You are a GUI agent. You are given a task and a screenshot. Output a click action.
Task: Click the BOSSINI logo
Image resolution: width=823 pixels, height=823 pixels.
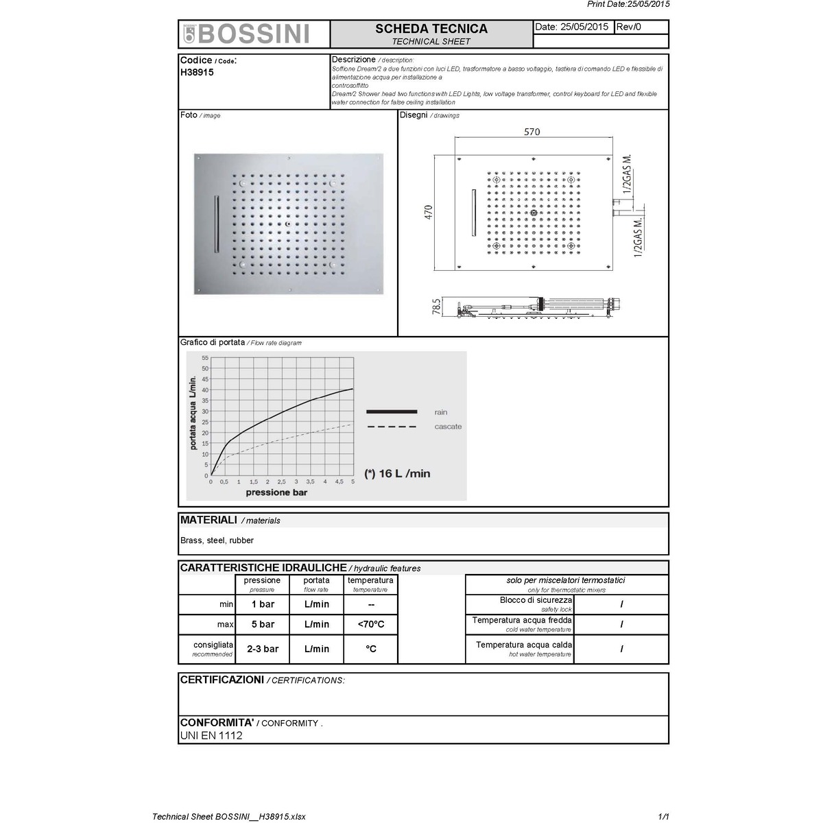tap(247, 34)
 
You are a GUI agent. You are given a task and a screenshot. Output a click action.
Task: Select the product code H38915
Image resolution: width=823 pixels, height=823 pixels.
tap(197, 72)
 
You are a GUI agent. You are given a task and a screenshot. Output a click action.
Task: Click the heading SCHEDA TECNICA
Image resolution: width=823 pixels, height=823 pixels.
tap(431, 29)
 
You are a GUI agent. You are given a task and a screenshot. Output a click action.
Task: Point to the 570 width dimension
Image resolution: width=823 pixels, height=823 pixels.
tap(532, 132)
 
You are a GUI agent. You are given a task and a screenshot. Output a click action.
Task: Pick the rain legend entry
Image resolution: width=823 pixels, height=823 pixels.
tap(441, 412)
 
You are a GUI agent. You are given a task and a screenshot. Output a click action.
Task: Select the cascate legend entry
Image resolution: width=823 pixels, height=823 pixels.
tap(448, 427)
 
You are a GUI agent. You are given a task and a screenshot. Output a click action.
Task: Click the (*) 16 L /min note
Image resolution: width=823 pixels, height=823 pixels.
tap(397, 473)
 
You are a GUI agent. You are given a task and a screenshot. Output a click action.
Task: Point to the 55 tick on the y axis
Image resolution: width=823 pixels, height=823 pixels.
tap(204, 358)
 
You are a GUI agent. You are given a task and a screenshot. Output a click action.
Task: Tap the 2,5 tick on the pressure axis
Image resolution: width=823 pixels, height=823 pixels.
tap(281, 482)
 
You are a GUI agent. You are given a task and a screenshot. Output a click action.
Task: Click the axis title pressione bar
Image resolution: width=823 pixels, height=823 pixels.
tap(276, 492)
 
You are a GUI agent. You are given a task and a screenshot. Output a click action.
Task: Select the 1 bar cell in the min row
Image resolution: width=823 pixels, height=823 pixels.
tap(262, 604)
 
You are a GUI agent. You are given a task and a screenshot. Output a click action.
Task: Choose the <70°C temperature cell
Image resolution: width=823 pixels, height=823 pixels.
tap(370, 624)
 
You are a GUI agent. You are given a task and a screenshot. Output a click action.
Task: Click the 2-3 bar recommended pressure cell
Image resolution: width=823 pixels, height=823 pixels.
tap(262, 649)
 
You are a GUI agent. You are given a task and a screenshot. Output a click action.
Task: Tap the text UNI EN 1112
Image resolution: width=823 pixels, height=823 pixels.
tap(211, 736)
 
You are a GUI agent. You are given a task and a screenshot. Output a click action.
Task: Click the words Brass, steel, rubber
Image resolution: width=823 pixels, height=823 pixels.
tap(217, 540)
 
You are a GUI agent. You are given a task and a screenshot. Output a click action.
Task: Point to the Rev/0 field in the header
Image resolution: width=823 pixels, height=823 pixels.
tap(629, 27)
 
